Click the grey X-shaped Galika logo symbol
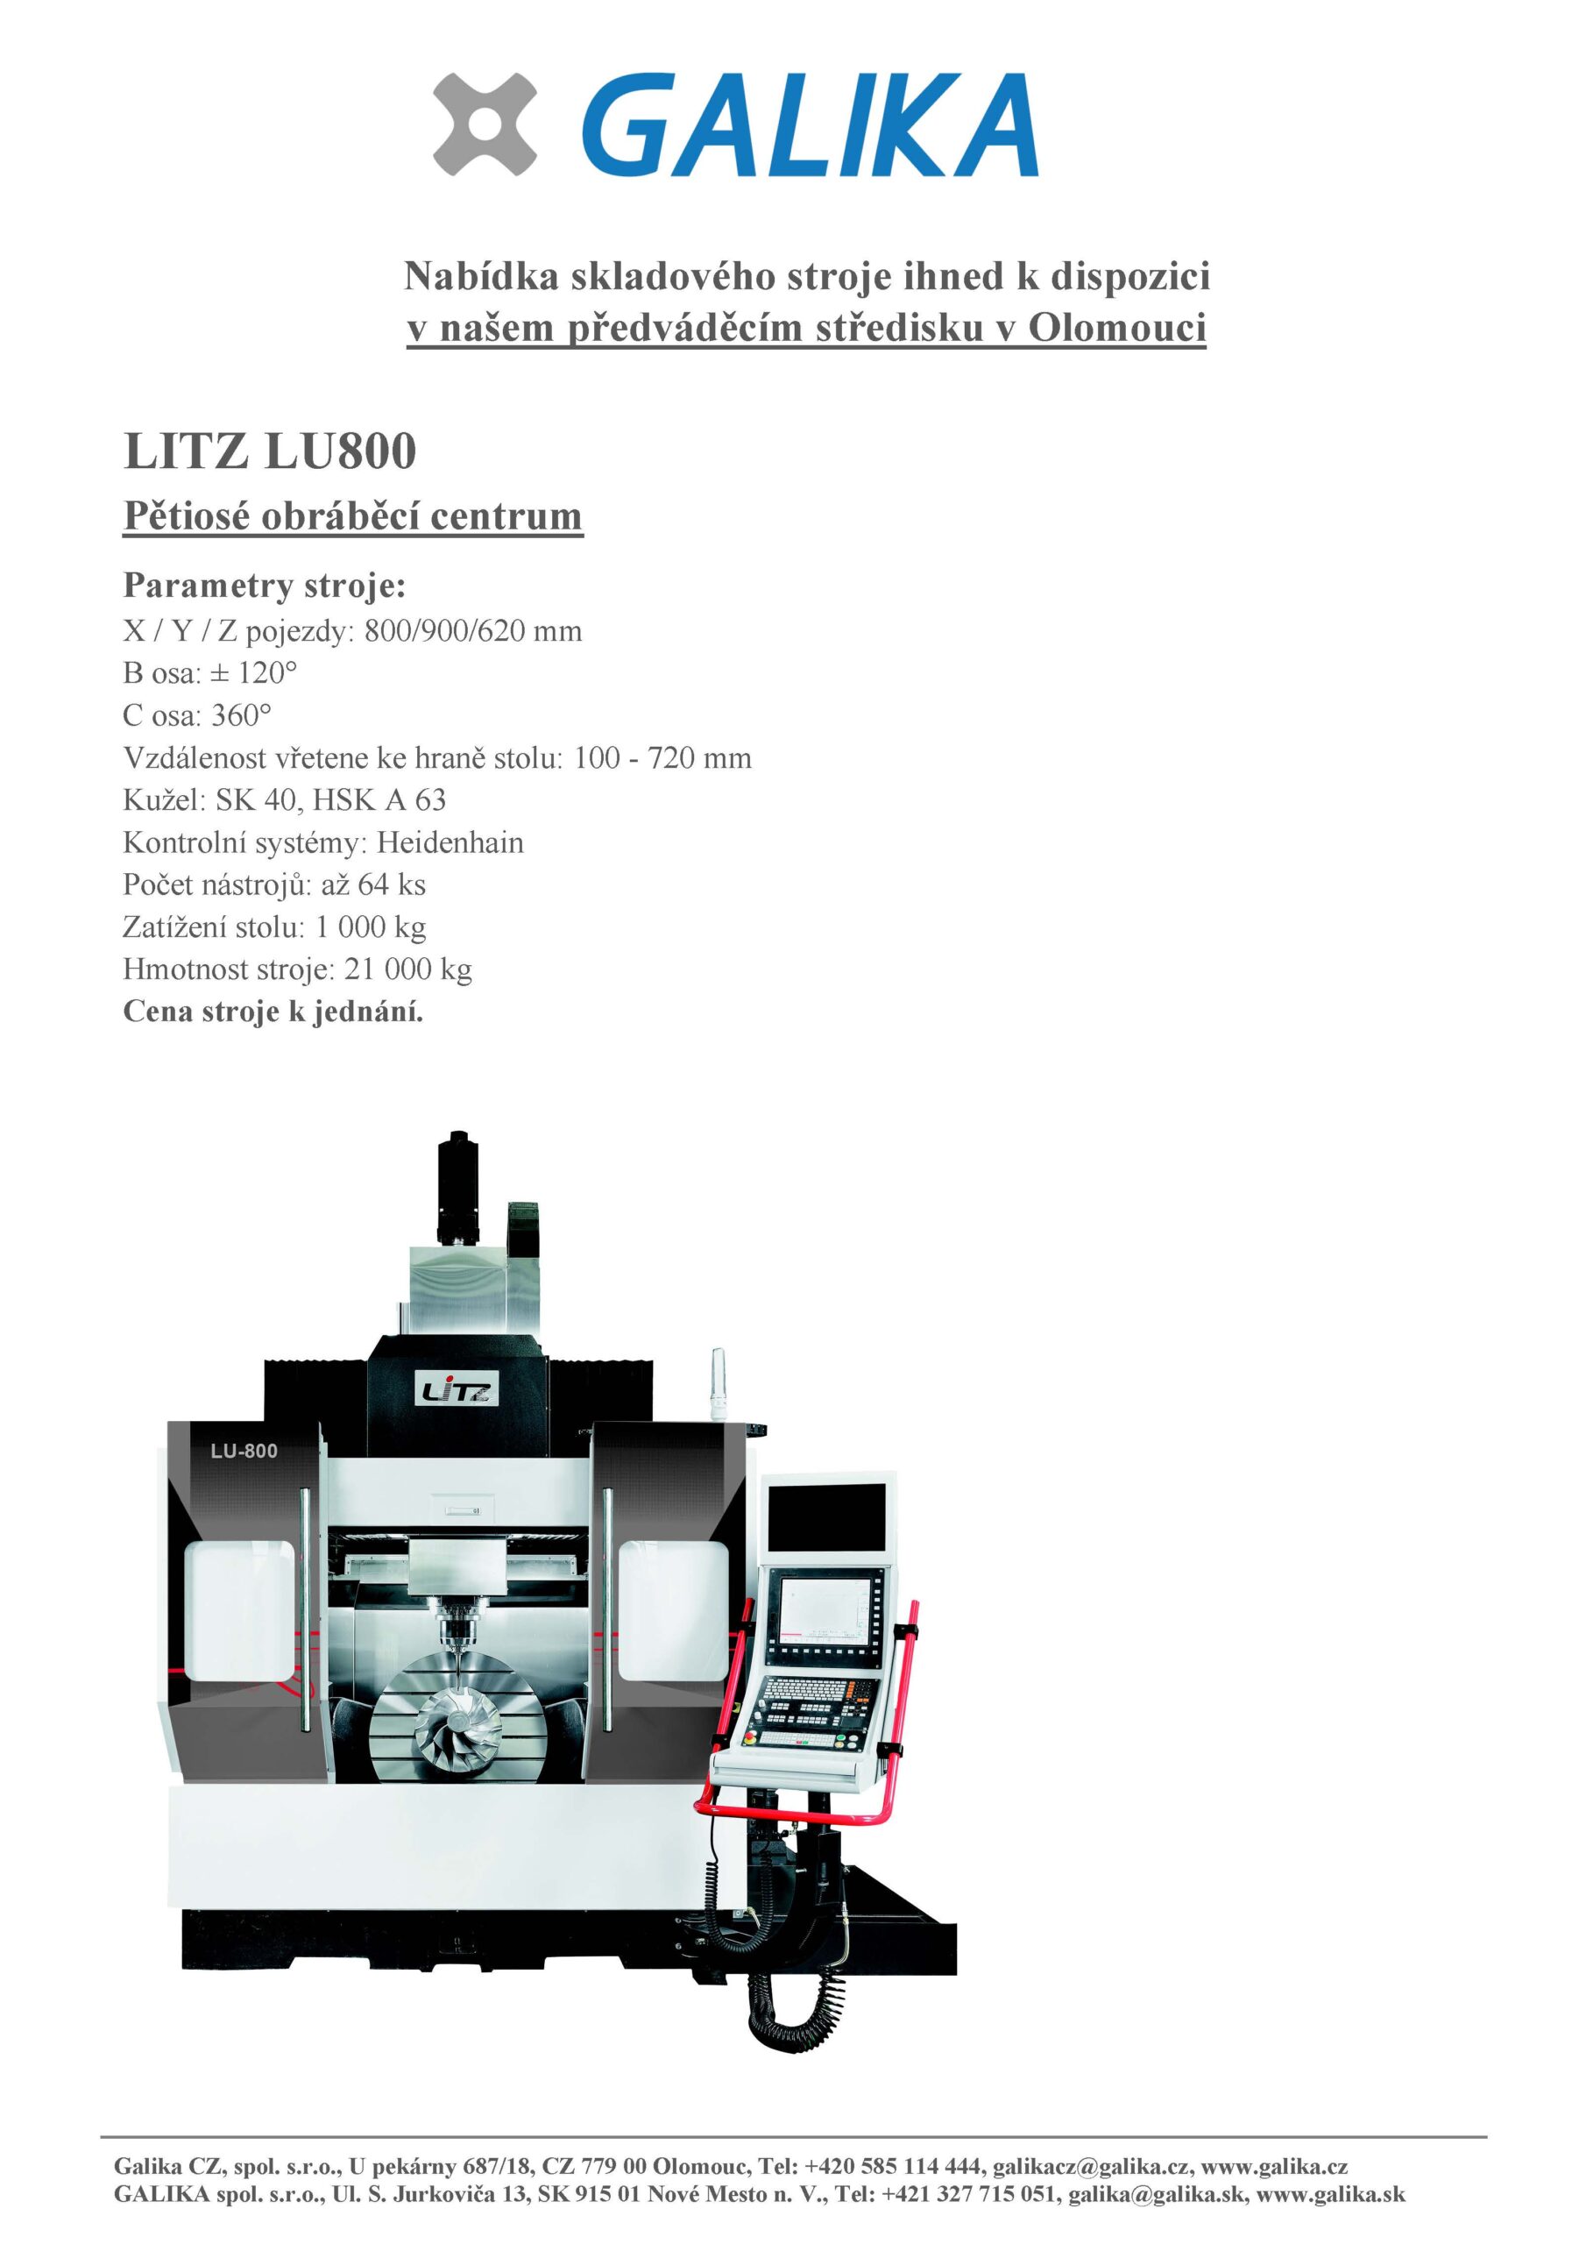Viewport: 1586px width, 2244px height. pos(485,125)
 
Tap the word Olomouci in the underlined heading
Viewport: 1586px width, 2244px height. pos(1117,328)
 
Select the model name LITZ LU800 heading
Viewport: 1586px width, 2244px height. pos(270,451)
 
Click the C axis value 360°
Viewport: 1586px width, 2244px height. pos(241,715)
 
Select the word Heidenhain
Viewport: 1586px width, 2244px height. pos(450,842)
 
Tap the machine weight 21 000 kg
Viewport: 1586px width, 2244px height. pos(408,969)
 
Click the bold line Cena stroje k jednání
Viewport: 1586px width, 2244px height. pos(273,1012)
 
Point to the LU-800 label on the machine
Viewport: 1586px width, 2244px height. pos(244,1452)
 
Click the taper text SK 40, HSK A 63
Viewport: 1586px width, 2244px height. pos(330,800)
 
